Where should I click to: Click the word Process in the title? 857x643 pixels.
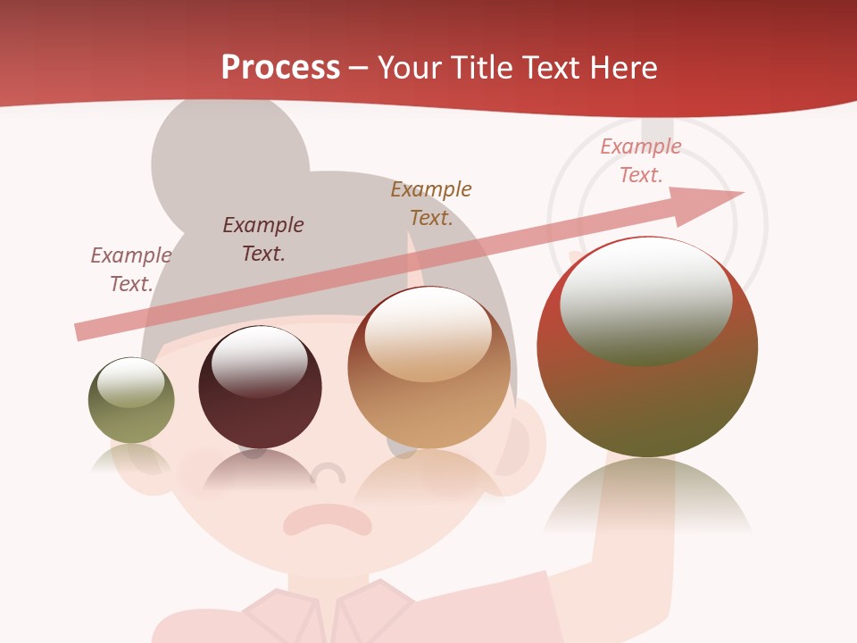[x=280, y=68]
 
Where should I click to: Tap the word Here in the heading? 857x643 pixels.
[x=624, y=68]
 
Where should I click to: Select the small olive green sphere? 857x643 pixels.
[x=131, y=401]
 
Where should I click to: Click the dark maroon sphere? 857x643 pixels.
[x=260, y=388]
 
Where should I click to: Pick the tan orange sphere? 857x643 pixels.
[x=428, y=368]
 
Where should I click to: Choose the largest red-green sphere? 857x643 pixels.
[x=647, y=347]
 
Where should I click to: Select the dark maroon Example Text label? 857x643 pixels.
[x=263, y=239]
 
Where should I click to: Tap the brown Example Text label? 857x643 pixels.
[x=431, y=204]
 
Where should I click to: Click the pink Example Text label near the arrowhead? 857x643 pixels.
[x=641, y=161]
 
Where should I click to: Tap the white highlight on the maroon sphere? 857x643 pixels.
[x=259, y=357]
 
